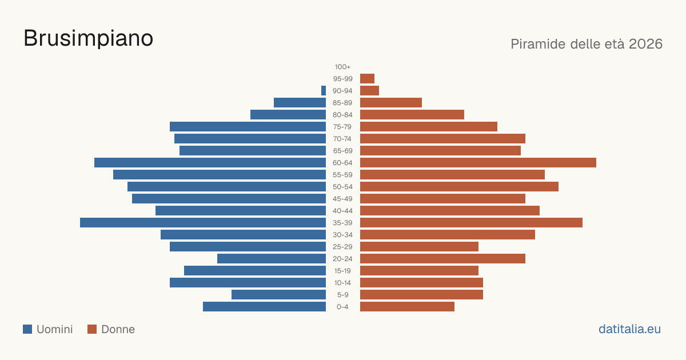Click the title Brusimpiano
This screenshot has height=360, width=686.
click(x=88, y=38)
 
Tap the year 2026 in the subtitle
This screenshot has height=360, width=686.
click(x=645, y=44)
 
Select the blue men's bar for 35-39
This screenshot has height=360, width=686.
click(x=203, y=222)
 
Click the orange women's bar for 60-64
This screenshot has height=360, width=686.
click(x=478, y=162)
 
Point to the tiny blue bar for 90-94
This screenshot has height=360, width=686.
click(x=324, y=91)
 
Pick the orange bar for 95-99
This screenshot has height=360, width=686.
click(x=367, y=79)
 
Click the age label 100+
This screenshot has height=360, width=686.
click(x=342, y=67)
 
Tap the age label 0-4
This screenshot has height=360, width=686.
click(x=342, y=307)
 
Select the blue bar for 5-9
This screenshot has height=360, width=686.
click(x=279, y=294)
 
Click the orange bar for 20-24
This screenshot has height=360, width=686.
click(x=442, y=259)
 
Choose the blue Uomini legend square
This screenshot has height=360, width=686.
click(x=27, y=329)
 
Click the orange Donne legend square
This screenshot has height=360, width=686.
click(x=92, y=329)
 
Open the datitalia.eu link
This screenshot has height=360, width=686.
click(x=629, y=329)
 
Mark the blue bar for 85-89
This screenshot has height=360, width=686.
click(x=300, y=102)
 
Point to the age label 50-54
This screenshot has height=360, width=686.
click(x=342, y=187)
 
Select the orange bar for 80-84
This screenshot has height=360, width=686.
click(x=412, y=114)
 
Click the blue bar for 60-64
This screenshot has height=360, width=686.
click(x=210, y=162)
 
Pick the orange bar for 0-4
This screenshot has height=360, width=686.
click(x=407, y=307)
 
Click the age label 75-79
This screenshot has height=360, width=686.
click(x=342, y=127)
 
